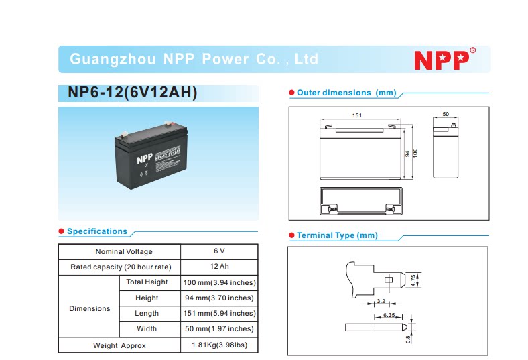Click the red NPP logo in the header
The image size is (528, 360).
(x=440, y=60)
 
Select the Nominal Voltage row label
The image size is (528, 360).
(x=124, y=251)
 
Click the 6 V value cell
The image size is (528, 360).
(x=219, y=251)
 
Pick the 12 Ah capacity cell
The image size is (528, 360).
(x=219, y=267)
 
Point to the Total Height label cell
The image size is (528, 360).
(x=147, y=282)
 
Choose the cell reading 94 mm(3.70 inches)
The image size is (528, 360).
(x=219, y=298)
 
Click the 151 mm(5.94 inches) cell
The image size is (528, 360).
(x=219, y=313)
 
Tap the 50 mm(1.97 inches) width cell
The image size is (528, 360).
(x=219, y=328)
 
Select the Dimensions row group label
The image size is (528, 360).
(x=89, y=308)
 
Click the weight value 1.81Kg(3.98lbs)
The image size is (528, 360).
(x=219, y=345)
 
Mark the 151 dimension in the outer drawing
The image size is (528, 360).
(x=357, y=115)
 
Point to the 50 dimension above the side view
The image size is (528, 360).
(x=445, y=115)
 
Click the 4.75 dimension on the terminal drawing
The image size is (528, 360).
(x=413, y=279)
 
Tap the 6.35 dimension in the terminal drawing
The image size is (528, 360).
(x=389, y=314)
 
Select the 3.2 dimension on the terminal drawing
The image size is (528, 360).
(x=381, y=301)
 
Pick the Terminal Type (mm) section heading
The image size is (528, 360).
(x=337, y=235)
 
